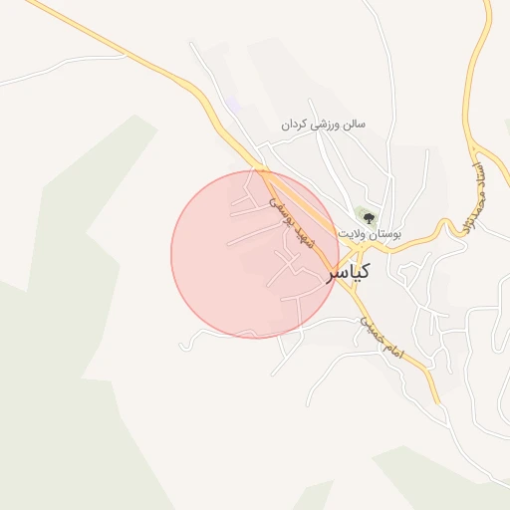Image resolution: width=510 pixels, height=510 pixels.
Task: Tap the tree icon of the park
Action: [x=368, y=216]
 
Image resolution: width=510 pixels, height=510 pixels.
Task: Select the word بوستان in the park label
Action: [x=383, y=233]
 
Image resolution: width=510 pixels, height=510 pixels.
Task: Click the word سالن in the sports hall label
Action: [x=353, y=125]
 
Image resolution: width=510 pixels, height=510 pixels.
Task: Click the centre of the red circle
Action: [x=254, y=254]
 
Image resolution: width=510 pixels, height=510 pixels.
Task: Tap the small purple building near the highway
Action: [x=233, y=105]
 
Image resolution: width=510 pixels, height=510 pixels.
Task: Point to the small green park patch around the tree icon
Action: [x=362, y=211]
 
